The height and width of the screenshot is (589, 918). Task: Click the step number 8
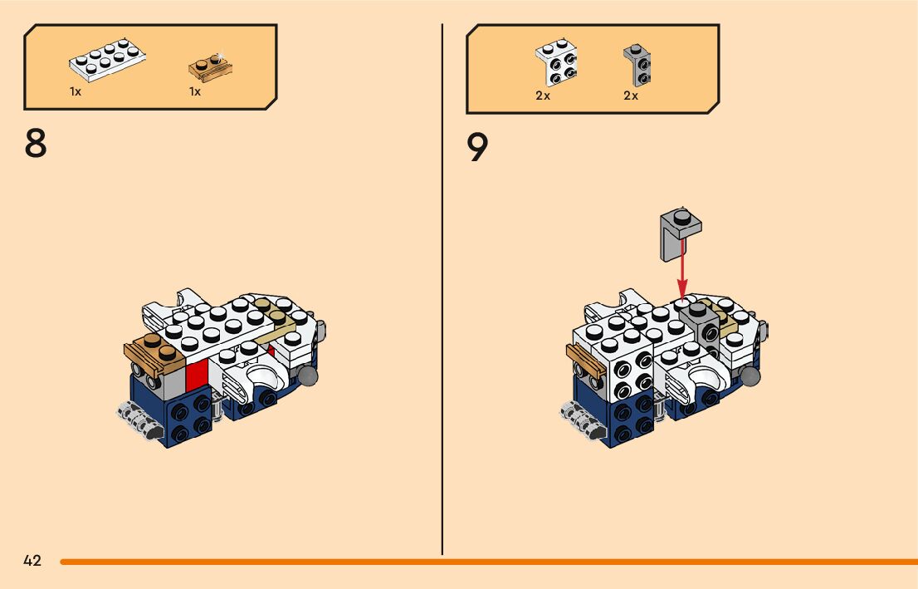click(x=36, y=143)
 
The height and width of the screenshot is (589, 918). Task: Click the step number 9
click(x=477, y=148)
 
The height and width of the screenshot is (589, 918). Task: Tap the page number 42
click(x=32, y=561)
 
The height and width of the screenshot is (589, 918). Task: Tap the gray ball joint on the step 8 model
click(x=309, y=376)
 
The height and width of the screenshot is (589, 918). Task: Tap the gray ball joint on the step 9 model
click(x=751, y=376)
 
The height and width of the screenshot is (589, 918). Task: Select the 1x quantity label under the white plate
click(x=76, y=91)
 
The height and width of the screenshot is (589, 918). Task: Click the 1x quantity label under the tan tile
click(x=195, y=91)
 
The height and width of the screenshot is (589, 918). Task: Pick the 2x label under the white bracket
click(x=543, y=96)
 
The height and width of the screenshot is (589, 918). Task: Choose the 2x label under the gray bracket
click(x=631, y=96)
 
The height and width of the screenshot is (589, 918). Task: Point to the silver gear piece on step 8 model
click(x=137, y=420)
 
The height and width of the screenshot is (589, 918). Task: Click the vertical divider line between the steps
click(x=442, y=291)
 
